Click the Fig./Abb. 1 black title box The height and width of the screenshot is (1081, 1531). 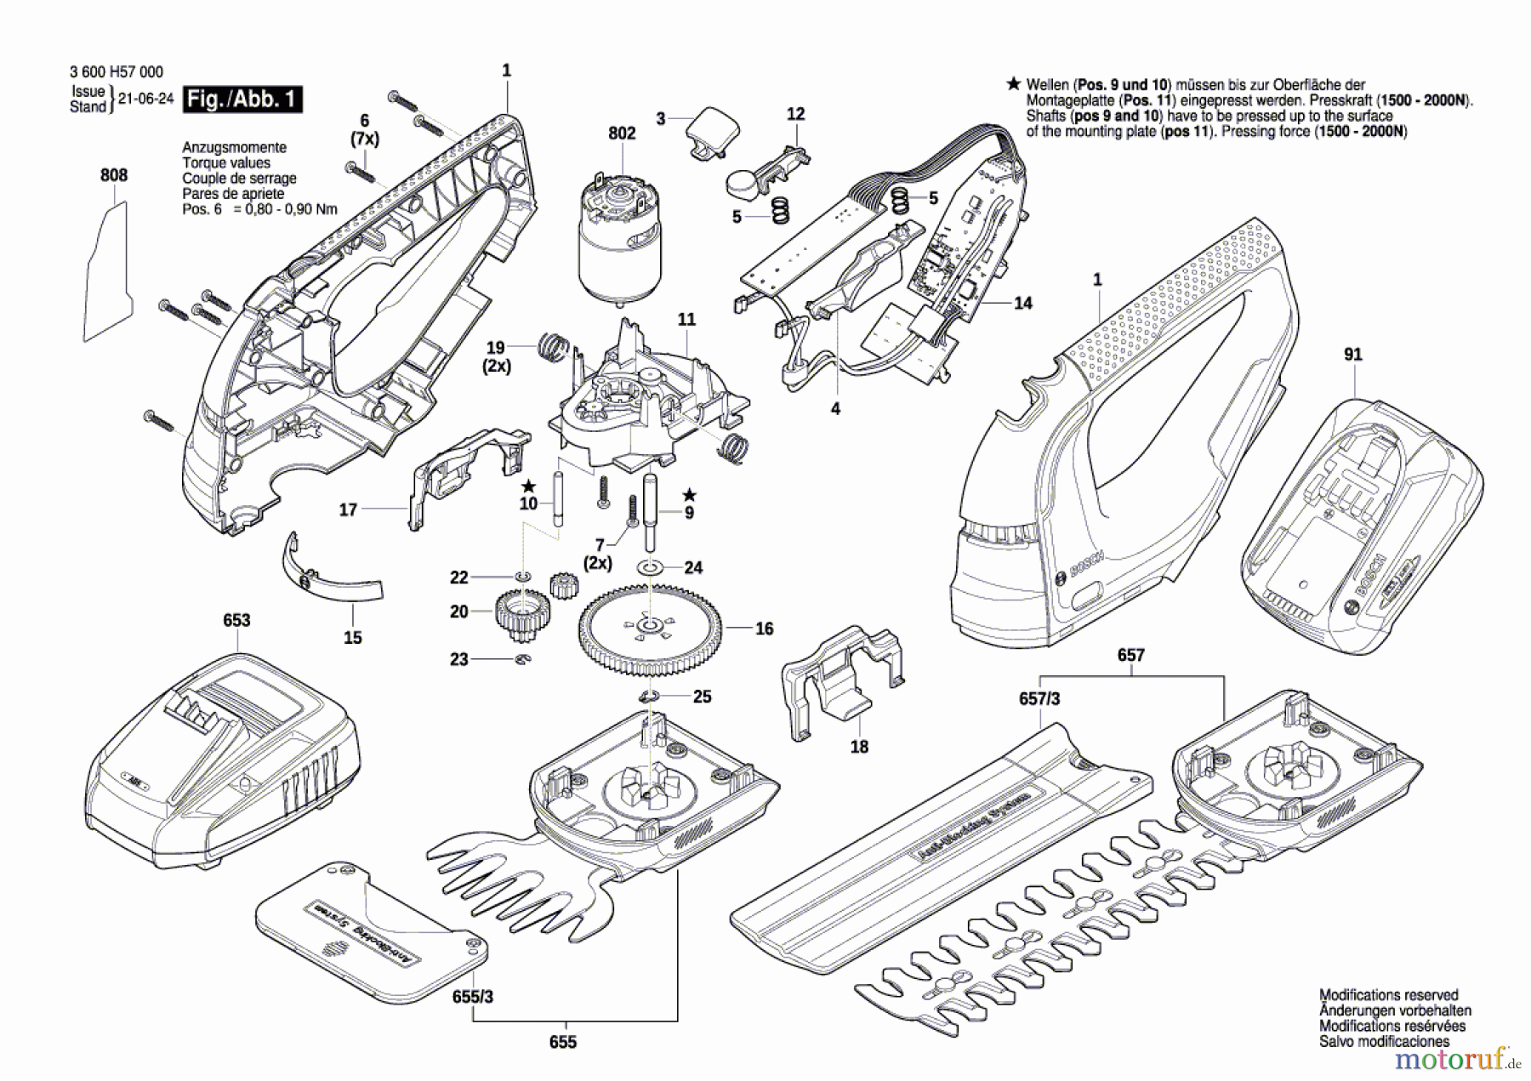coord(243,100)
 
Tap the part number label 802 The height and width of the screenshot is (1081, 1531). coord(622,133)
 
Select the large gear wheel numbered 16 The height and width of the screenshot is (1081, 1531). coord(650,629)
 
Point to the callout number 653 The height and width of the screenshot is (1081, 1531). coord(236,620)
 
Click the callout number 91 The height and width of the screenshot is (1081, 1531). coord(1352,354)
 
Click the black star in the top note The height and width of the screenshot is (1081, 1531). coord(1013,83)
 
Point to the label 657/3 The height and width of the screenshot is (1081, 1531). coord(1039,698)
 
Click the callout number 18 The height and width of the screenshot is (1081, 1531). coord(859,746)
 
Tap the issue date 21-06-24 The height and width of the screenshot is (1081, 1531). coord(145,99)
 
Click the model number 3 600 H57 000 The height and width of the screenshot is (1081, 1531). coord(117,72)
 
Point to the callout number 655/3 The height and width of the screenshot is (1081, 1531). coord(473,996)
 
